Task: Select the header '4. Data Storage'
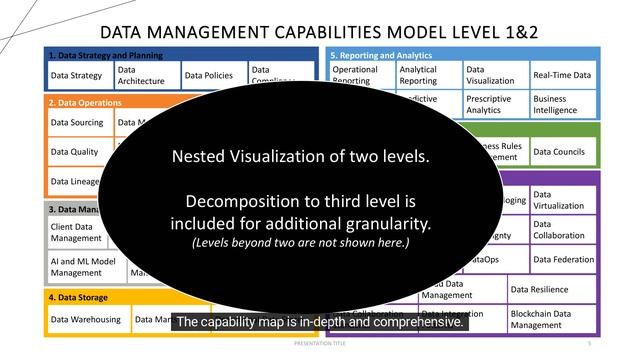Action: (80, 298)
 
